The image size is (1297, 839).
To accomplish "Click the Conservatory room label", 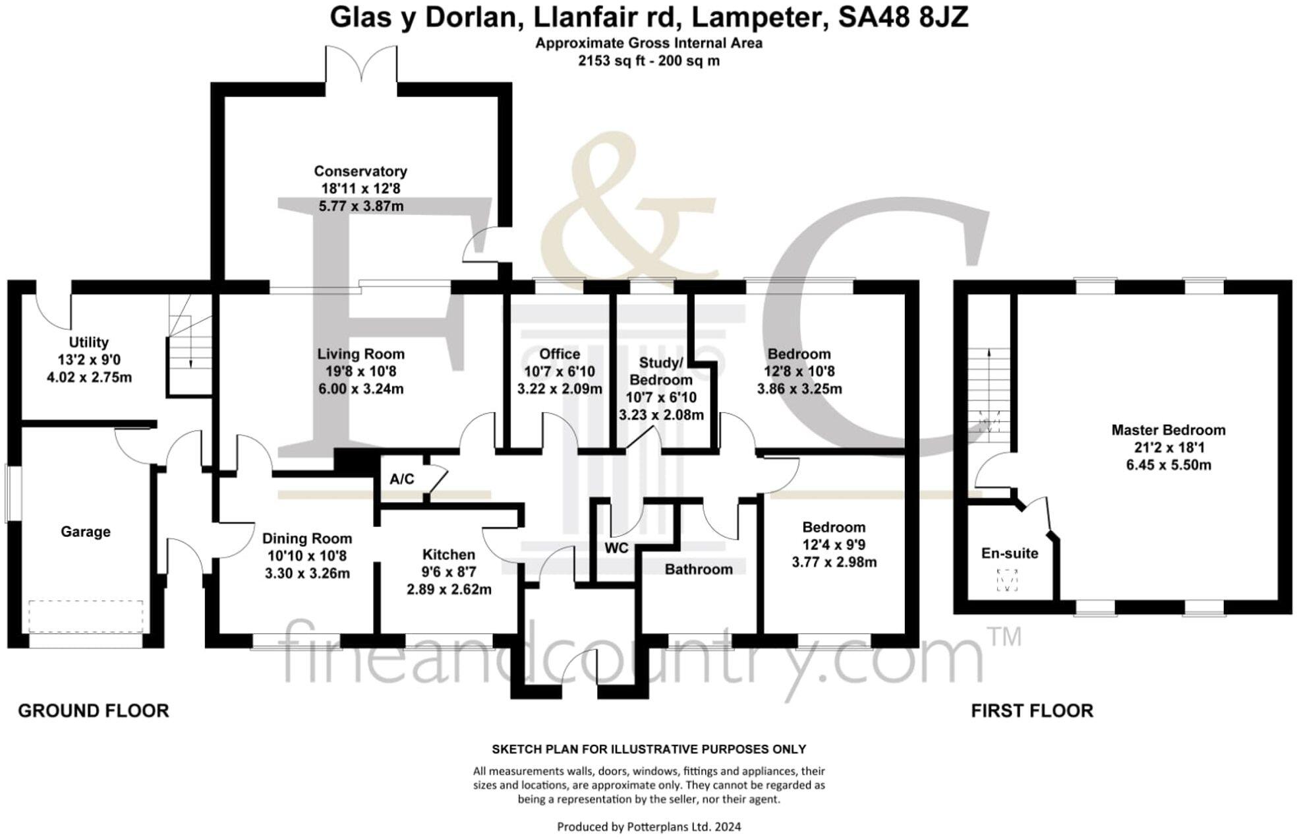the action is (360, 171).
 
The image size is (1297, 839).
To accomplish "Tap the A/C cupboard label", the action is (401, 480).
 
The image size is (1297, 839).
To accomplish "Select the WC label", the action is (616, 549).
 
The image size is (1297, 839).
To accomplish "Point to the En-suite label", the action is (1009, 553).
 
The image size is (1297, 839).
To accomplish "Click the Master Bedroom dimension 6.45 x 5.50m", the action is (1168, 465).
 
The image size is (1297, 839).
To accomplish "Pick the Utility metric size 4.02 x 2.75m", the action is (89, 378).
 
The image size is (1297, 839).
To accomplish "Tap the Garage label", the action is (85, 532).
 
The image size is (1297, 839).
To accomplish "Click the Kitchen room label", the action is (448, 555).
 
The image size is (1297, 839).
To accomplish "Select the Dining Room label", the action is (306, 539).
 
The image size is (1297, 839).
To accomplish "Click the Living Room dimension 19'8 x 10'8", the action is (360, 371).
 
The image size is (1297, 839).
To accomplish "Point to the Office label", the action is (560, 354).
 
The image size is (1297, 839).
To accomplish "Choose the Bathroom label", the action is (698, 569).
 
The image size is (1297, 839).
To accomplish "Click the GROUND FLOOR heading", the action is (93, 711).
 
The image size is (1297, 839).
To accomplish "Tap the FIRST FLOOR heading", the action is (1031, 711).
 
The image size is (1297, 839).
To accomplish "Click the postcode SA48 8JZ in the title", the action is (902, 18).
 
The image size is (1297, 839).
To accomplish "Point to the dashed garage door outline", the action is (86, 616).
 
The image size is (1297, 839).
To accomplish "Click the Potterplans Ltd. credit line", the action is (648, 826).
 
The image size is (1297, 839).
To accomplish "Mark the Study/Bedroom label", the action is (660, 371).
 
